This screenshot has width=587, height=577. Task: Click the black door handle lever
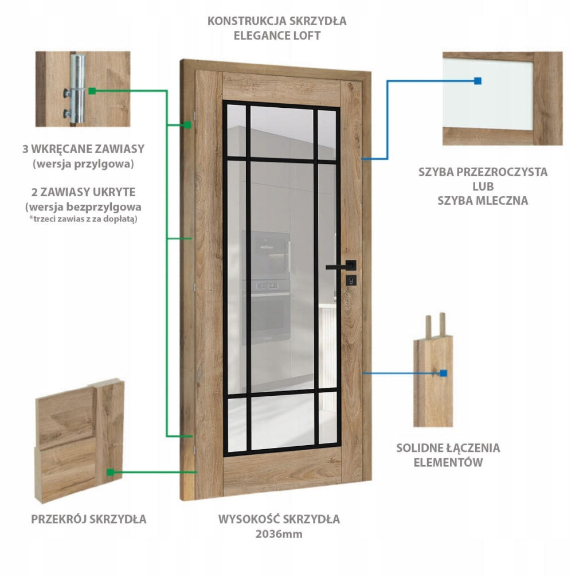339,267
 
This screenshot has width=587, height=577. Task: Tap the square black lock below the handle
350,280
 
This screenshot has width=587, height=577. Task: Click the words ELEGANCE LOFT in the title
276,35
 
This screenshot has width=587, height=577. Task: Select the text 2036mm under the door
279,534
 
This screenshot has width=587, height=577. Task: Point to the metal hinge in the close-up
77,89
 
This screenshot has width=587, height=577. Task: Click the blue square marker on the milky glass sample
478,81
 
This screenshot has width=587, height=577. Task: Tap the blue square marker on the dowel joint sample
443,373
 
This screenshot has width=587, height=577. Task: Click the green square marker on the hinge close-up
92,91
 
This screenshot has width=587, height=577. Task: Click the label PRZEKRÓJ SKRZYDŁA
88,519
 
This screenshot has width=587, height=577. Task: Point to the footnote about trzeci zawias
84,219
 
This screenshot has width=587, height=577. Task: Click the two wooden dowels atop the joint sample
434,324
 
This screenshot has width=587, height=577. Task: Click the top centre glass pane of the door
281,132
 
